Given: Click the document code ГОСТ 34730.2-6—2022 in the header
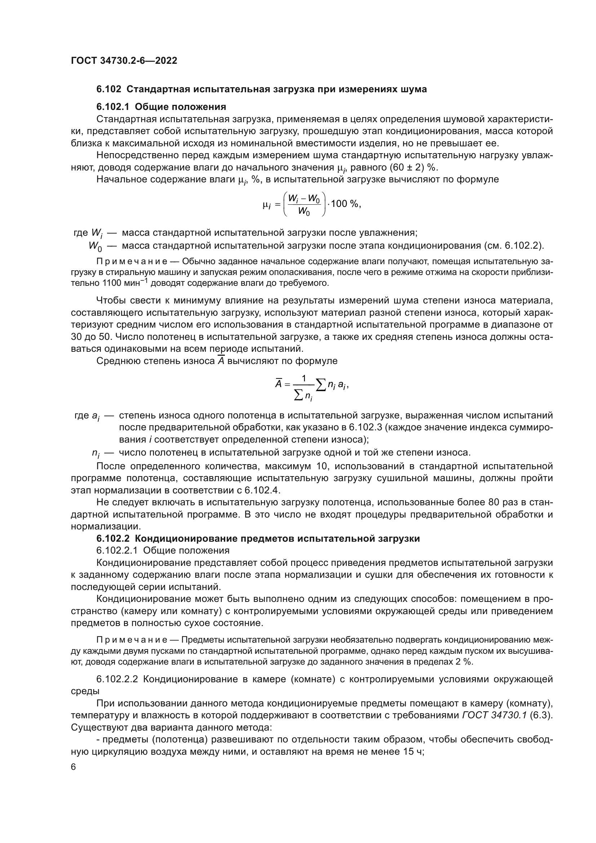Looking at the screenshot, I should [x=124, y=61].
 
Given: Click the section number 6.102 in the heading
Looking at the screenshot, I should [x=108, y=89].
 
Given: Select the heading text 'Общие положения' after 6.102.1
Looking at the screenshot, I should [x=180, y=107].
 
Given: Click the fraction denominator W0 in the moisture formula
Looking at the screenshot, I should [x=304, y=211].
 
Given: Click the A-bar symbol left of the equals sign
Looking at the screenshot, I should [x=279, y=384].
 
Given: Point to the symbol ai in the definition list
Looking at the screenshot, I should [x=95, y=416].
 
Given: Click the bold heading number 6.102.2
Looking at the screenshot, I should [x=113, y=538].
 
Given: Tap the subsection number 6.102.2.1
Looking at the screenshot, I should [x=117, y=550].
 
